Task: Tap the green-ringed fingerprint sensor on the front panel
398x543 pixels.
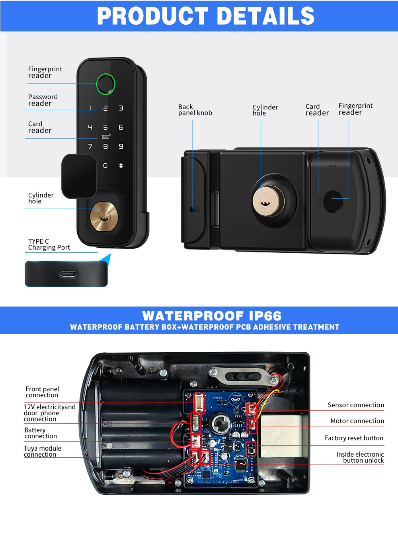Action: [x=105, y=84]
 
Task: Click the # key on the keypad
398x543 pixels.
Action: [x=121, y=166]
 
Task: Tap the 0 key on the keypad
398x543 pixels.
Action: [x=105, y=166]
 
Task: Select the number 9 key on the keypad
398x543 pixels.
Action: [x=121, y=146]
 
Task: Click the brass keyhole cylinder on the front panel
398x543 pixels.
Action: [x=104, y=217]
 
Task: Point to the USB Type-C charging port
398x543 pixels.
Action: [x=68, y=274]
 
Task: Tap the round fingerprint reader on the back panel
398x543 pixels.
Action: [x=333, y=201]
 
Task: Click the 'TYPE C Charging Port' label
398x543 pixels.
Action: [x=49, y=244]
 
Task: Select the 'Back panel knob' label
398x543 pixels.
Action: [x=195, y=110]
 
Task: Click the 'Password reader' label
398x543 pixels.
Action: [x=43, y=100]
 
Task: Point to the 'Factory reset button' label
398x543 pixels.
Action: [x=354, y=438]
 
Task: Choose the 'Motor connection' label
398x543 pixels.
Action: [x=357, y=421]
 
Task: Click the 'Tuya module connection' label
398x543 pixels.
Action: [x=42, y=451]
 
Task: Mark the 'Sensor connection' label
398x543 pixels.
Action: [x=356, y=405]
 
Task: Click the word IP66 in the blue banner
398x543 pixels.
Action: [x=265, y=316]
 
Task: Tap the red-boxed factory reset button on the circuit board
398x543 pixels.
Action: [x=250, y=449]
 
